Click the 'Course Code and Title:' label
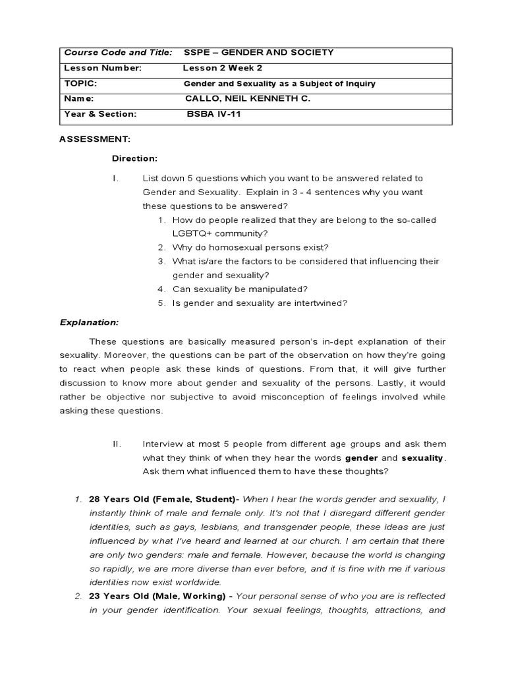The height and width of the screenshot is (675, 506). [117, 53]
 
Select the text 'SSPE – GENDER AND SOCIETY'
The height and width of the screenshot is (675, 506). [249, 53]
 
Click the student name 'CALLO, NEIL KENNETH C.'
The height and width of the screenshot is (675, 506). [247, 98]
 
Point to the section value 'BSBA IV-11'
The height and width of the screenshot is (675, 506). [216, 113]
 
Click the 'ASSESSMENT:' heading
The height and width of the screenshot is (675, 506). [95, 139]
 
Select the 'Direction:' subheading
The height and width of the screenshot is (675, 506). [134, 159]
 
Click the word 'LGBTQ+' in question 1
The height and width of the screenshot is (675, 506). [190, 233]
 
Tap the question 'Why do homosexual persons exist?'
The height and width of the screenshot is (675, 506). [250, 247]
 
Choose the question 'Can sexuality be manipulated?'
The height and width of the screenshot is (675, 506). [240, 289]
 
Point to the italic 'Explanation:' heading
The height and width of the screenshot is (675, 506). [90, 322]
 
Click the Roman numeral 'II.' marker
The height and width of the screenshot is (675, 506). [119, 444]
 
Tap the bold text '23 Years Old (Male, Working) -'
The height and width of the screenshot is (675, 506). [161, 596]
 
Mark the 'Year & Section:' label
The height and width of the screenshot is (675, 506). [99, 113]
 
